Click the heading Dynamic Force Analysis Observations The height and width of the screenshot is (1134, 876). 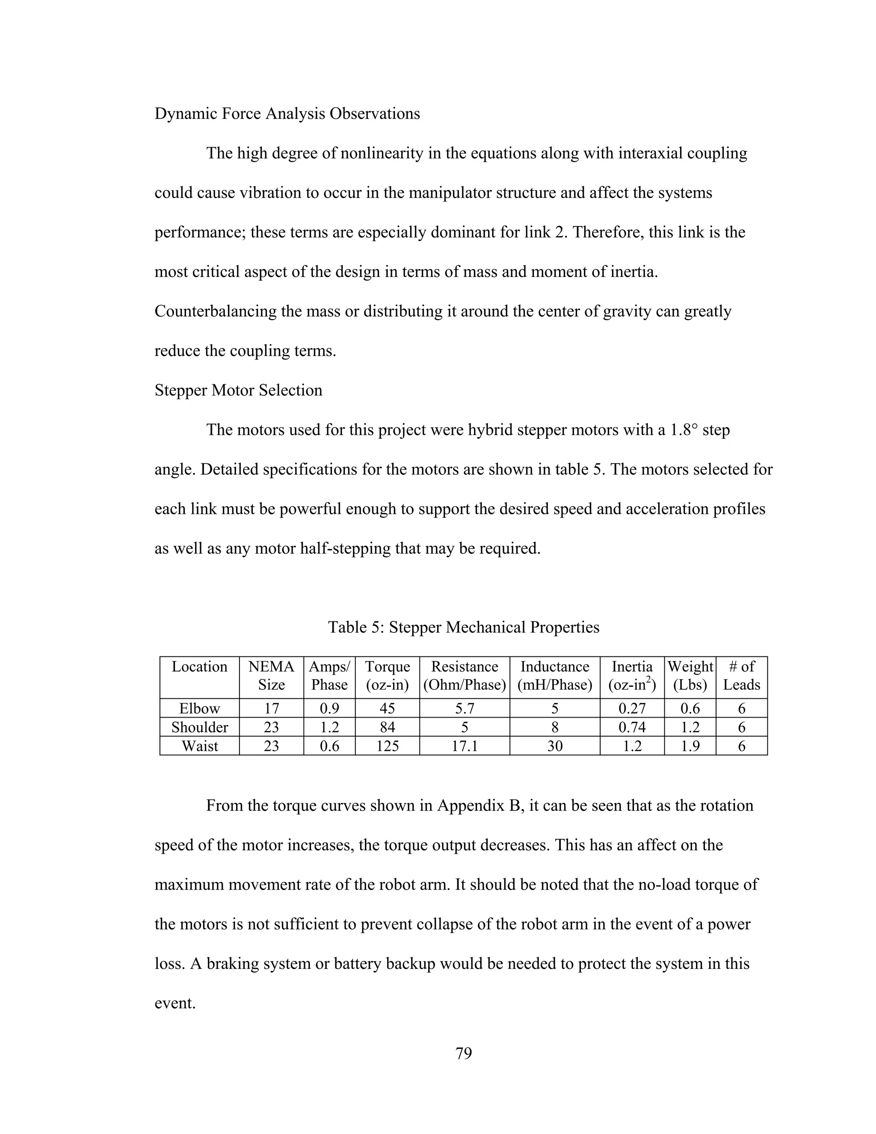click(287, 114)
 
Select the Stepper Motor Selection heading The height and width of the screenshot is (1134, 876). click(238, 390)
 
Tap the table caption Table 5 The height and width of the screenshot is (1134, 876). click(463, 627)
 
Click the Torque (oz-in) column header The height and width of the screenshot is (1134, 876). click(387, 676)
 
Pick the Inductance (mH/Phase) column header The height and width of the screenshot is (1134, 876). click(554, 676)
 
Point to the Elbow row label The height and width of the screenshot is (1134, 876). click(199, 708)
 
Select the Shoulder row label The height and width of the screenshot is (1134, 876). click(199, 727)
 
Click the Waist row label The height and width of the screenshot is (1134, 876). click(199, 746)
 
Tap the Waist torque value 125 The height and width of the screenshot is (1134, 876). click(387, 746)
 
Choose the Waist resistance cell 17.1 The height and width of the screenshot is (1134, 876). click(465, 746)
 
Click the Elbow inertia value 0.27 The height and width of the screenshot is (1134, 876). click(632, 708)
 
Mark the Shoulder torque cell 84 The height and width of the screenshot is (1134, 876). click(387, 727)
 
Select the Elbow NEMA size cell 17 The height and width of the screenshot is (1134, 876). click(272, 708)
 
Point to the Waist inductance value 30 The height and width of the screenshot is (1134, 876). click(554, 746)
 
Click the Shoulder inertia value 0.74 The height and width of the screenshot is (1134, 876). click(632, 727)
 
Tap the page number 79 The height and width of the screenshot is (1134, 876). click(463, 1054)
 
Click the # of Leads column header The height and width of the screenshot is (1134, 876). click(741, 676)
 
